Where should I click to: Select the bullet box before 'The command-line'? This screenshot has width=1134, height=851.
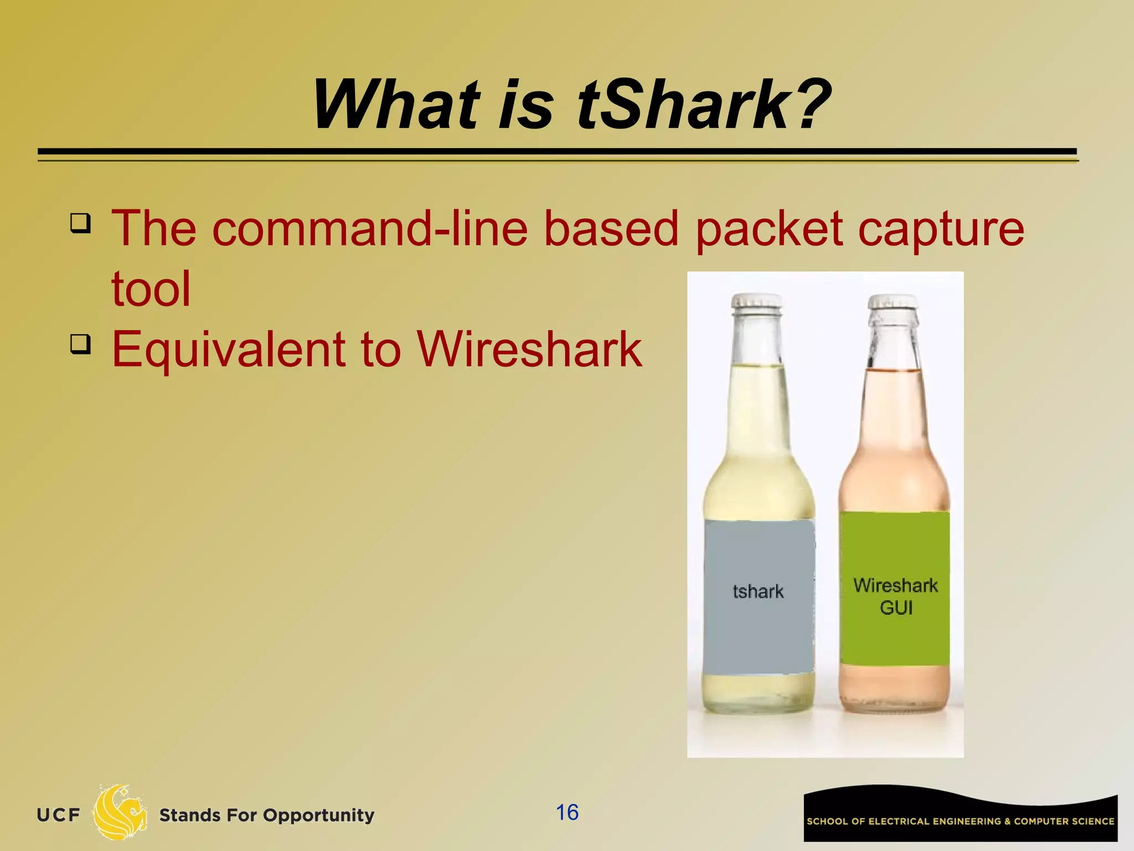click(x=80, y=223)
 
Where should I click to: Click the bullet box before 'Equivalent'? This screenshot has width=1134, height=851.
click(x=80, y=344)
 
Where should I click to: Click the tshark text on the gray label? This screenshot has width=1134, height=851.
click(x=758, y=592)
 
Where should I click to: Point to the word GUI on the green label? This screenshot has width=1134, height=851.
click(x=896, y=608)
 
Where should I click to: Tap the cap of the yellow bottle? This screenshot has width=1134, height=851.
click(x=756, y=302)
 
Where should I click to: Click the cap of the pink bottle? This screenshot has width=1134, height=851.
click(x=893, y=303)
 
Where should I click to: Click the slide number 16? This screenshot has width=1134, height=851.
click(x=567, y=813)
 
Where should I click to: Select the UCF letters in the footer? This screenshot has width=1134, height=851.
click(x=58, y=815)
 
